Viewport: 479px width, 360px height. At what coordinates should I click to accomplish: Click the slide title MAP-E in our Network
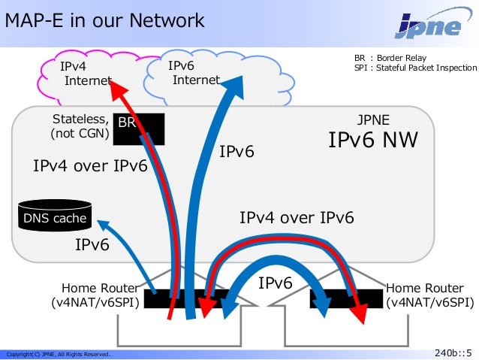(x=104, y=20)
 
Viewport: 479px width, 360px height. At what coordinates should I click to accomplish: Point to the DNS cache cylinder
(x=55, y=214)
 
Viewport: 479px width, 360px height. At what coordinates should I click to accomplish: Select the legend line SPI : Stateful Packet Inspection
(x=415, y=68)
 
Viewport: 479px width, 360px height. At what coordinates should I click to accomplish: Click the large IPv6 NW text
(x=372, y=141)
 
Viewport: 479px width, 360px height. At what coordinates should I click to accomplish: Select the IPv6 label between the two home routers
(x=276, y=283)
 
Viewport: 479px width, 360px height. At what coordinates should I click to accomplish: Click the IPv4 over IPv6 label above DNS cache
(x=90, y=166)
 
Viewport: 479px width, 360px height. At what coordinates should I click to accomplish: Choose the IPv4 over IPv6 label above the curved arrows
(x=297, y=218)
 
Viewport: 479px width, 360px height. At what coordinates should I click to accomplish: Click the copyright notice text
(x=58, y=354)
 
